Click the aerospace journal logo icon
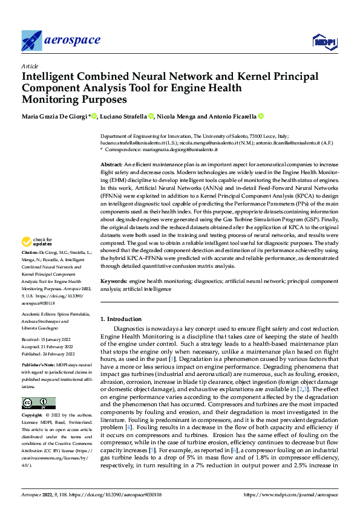click(31, 41)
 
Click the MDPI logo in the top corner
click(324, 41)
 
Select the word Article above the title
click(29, 65)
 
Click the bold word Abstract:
click(111, 164)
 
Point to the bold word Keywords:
click(113, 282)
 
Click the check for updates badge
click(38, 258)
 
